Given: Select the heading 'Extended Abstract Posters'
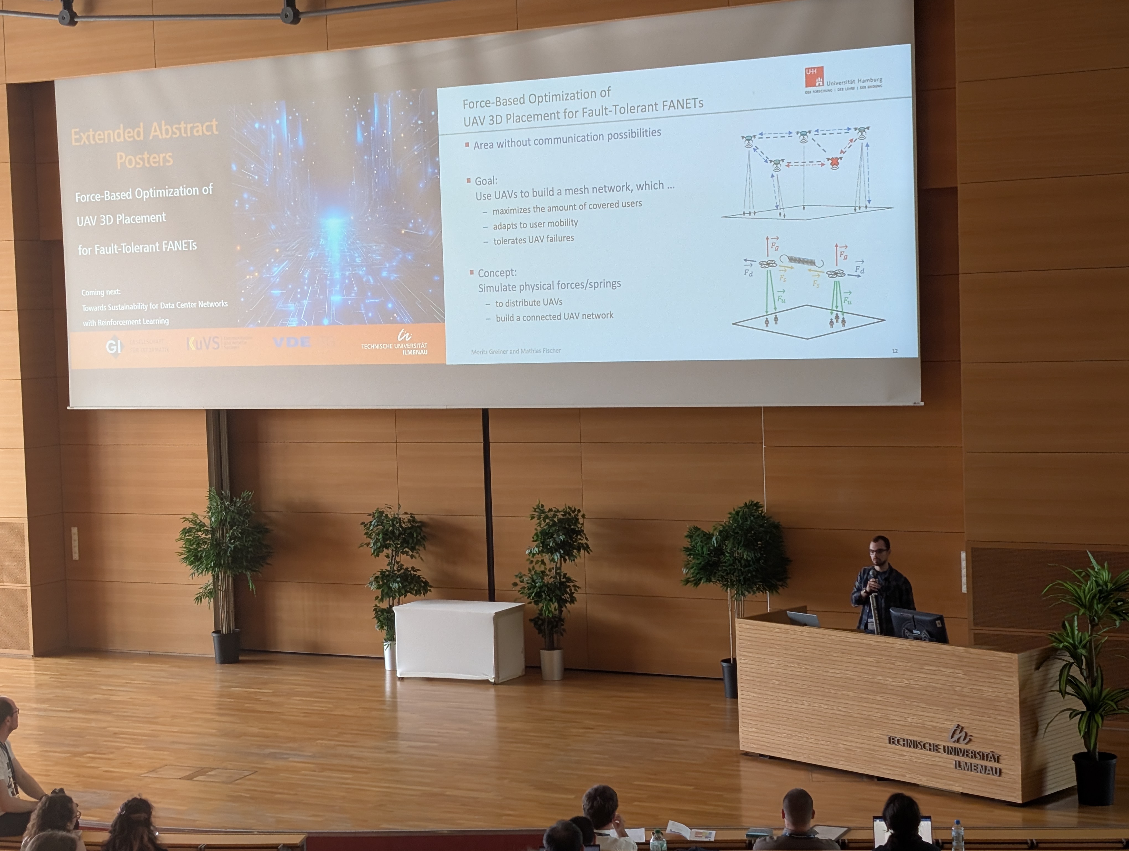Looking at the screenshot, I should (x=144, y=144).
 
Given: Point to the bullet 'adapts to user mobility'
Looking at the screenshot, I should (x=535, y=224).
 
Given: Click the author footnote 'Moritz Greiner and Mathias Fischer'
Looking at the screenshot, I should (x=516, y=351).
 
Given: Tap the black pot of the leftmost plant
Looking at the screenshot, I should (x=226, y=646).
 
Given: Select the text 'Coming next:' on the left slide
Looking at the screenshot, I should (x=100, y=292).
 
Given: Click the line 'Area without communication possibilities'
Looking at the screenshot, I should (x=566, y=139).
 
